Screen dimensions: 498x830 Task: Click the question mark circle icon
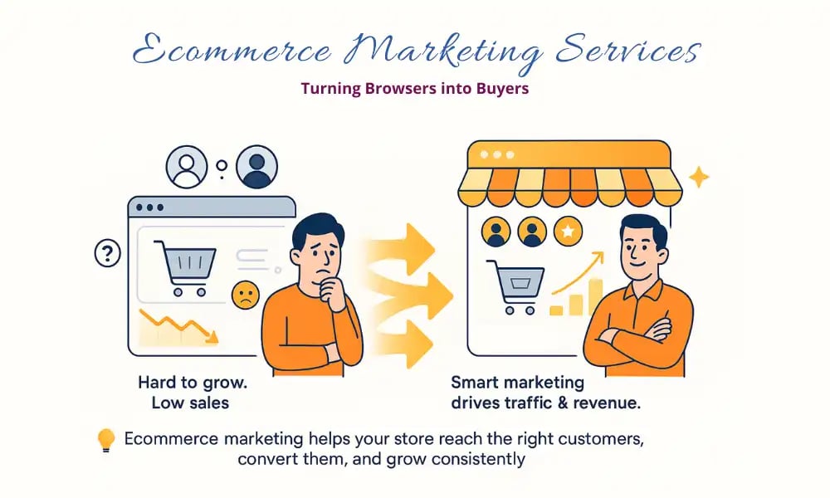coord(108,253)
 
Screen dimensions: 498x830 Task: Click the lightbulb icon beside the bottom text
coord(105,440)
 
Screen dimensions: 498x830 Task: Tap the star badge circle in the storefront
coord(567,232)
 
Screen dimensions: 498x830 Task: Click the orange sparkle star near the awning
coord(699,177)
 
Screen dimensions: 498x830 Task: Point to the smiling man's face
coord(642,249)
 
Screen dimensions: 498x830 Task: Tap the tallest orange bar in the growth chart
coord(595,297)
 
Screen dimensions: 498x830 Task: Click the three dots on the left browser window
coord(149,207)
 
